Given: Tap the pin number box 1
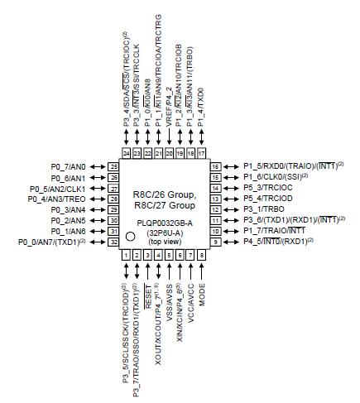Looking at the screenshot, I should (x=126, y=256).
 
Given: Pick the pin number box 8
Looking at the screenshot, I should (x=202, y=256).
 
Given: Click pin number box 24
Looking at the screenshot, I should (x=126, y=154).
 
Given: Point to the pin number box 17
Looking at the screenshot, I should (x=202, y=154).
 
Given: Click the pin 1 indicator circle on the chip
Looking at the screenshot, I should (x=130, y=237).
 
